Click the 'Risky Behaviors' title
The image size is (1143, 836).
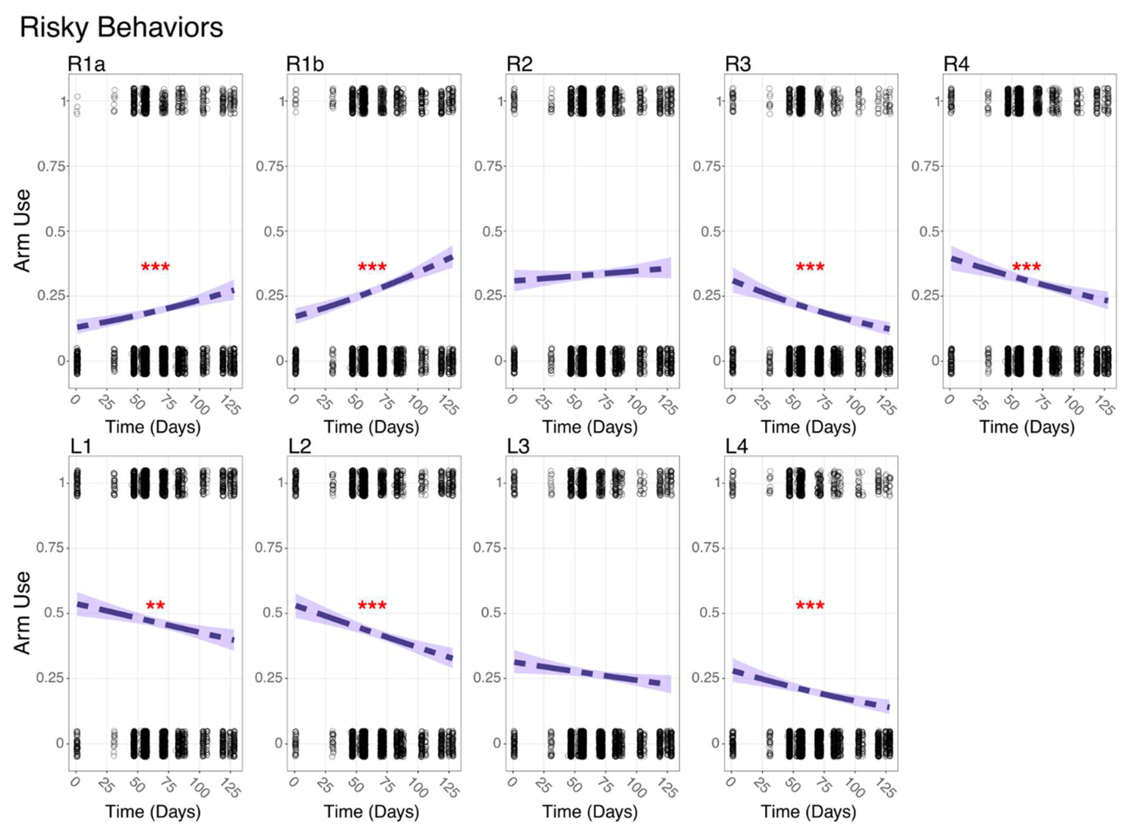pos(121,27)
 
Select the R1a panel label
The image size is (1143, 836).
pos(86,64)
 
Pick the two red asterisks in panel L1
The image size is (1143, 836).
pos(155,605)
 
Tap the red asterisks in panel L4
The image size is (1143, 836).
pos(810,605)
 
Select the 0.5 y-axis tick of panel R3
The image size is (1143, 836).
pos(711,231)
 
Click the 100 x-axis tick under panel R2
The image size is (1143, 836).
pos(635,405)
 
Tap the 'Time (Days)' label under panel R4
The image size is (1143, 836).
pos(1027,427)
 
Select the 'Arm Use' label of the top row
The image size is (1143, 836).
pos(22,231)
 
